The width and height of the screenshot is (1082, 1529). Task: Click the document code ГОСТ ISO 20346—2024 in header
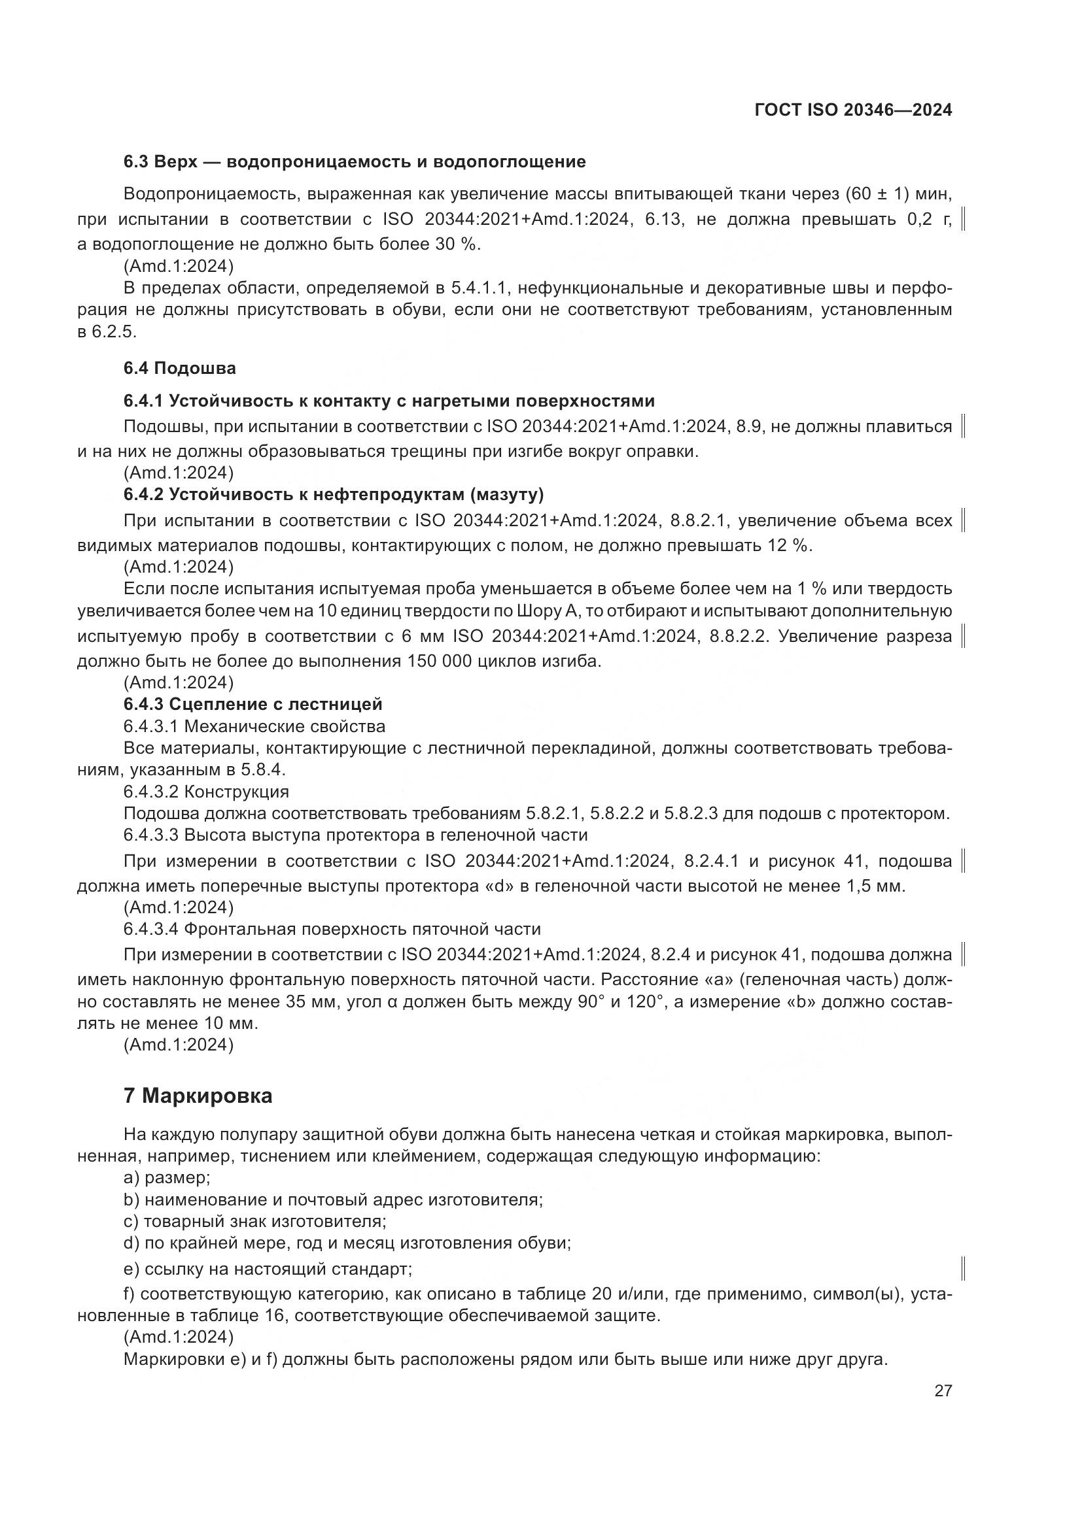pos(853,110)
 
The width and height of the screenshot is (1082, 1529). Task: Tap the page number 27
pos(943,1391)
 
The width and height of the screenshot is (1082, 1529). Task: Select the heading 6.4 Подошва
pos(179,368)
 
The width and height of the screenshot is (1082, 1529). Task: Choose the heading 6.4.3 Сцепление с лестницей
pos(253,705)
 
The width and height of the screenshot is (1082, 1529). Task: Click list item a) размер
pos(167,1178)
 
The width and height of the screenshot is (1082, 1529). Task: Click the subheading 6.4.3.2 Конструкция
pos(206,792)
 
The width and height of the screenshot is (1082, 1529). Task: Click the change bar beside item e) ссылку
pos(964,1269)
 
